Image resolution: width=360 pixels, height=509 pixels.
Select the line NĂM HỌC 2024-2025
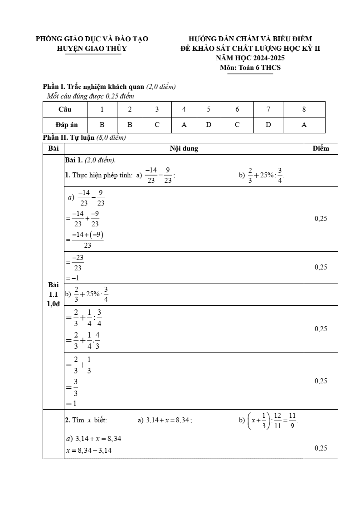pyautogui.click(x=250, y=58)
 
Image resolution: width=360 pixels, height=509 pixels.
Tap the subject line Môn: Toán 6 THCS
pyautogui.click(x=250, y=68)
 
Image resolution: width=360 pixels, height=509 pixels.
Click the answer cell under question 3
pyautogui.click(x=157, y=125)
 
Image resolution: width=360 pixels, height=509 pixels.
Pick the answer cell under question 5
pyautogui.click(x=209, y=125)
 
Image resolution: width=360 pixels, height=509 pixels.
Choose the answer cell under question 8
pyautogui.click(x=304, y=125)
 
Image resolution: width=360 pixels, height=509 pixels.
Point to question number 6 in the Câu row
pyautogui.click(x=237, y=109)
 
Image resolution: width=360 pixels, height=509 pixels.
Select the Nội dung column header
pyautogui.click(x=184, y=148)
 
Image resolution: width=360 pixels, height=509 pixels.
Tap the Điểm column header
pyautogui.click(x=321, y=148)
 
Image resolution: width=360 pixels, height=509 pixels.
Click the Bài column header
pyautogui.click(x=54, y=148)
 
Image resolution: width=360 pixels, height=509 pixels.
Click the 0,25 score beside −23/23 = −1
pyautogui.click(x=321, y=267)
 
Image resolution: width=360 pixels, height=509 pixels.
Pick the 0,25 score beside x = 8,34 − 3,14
pyautogui.click(x=321, y=448)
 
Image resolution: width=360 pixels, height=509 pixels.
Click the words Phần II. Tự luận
pyautogui.click(x=68, y=137)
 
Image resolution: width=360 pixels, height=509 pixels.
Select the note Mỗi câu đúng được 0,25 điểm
pyautogui.click(x=90, y=96)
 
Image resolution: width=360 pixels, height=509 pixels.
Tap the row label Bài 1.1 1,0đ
pyautogui.click(x=54, y=294)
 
